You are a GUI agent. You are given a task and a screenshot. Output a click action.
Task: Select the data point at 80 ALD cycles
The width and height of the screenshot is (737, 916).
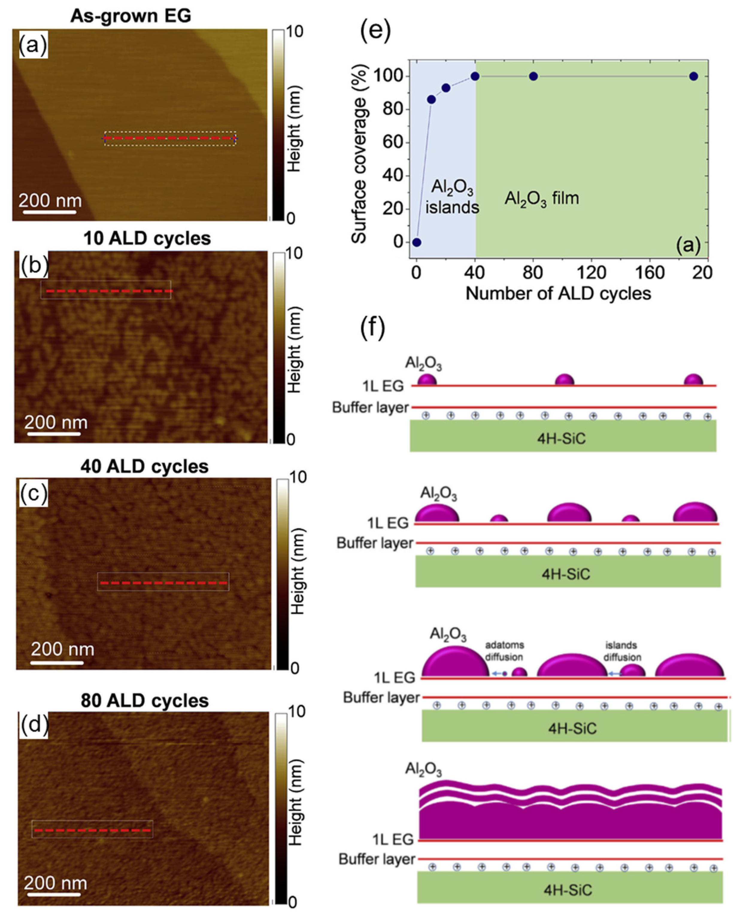[533, 77]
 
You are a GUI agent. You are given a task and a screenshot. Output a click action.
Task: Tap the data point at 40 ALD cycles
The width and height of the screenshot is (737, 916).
[475, 77]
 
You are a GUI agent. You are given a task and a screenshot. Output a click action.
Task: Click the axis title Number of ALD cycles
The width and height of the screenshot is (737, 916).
[558, 293]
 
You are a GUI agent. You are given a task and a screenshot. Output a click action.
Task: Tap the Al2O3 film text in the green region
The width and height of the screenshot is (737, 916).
[542, 198]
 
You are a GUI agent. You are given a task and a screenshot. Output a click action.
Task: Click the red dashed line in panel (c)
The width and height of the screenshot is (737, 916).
[163, 583]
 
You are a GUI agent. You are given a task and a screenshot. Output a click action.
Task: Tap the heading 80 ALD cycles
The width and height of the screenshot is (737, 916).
[145, 700]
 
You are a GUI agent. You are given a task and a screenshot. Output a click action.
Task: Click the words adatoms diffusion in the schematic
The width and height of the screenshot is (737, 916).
[504, 651]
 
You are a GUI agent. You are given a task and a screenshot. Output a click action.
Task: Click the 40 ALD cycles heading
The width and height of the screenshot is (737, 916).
[145, 466]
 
